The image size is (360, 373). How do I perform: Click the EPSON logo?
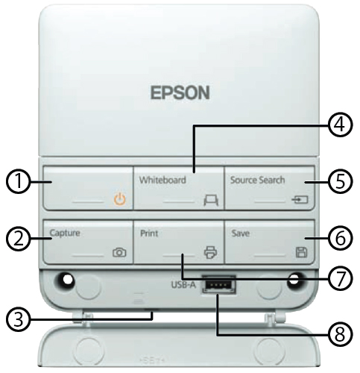pos(179,94)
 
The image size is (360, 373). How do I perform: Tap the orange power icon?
pos(118,199)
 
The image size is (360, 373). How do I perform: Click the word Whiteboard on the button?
pos(161,180)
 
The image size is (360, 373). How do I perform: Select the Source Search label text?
pos(256,180)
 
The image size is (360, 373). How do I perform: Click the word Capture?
pos(65,232)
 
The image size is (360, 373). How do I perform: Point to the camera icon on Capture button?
pos(119,252)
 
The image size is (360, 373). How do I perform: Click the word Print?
pos(147,232)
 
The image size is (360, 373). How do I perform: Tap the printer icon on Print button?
pos(209,252)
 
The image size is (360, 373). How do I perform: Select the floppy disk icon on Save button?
pos(301,252)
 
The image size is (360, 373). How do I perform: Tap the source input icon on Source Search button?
pos(301,199)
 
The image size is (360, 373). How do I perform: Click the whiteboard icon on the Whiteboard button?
pos(209,199)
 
